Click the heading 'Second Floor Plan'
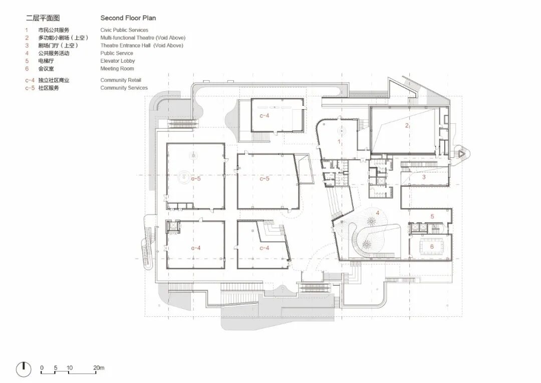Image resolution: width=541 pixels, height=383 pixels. click(x=128, y=18)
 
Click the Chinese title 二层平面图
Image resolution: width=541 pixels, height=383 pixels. click(x=43, y=18)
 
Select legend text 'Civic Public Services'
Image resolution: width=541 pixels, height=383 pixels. click(x=124, y=30)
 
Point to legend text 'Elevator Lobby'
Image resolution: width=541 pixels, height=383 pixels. click(x=118, y=61)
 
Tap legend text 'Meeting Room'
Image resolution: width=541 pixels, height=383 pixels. click(x=117, y=68)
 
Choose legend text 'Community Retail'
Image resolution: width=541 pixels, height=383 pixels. click(x=121, y=80)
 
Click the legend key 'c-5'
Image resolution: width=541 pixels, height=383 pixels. click(x=30, y=88)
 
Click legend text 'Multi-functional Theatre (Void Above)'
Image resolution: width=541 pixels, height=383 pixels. click(x=143, y=38)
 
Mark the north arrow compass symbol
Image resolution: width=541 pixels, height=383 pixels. click(x=24, y=369)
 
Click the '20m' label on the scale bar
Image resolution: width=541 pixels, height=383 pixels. click(x=99, y=367)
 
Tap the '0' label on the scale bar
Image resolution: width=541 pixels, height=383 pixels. click(x=42, y=367)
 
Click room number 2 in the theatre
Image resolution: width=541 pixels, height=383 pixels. click(x=407, y=125)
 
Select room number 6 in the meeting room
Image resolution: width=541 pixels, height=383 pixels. click(x=432, y=247)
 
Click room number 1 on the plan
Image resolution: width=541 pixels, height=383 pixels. click(x=339, y=141)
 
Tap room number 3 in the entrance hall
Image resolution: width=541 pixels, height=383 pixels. click(x=424, y=177)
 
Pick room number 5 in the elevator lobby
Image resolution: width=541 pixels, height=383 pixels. click(x=432, y=217)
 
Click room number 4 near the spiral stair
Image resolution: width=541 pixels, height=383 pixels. click(x=378, y=213)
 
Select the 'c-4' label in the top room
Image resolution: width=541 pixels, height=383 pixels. click(x=264, y=116)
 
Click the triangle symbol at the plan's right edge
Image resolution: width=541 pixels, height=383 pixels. click(x=462, y=152)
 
